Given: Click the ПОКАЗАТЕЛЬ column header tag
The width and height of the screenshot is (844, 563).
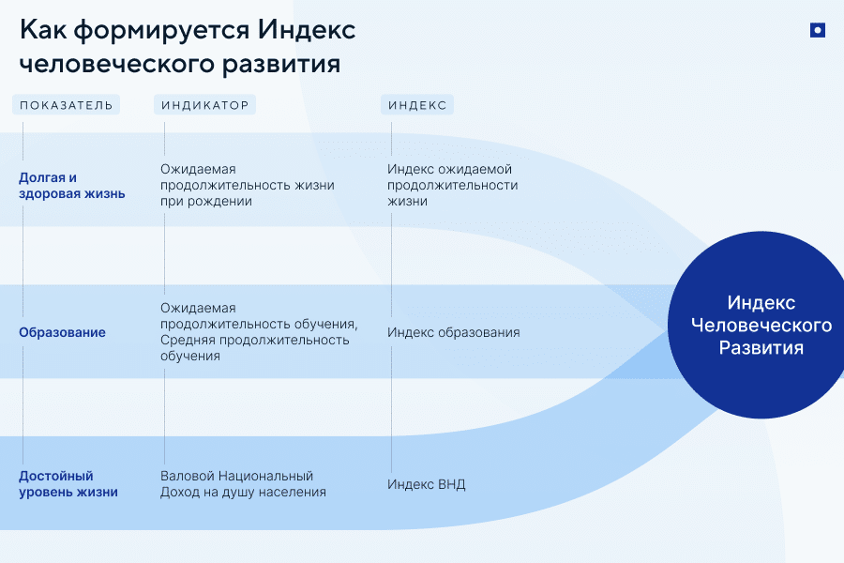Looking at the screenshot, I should coord(66,105).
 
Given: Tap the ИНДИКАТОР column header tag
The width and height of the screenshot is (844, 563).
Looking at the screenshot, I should coord(204,105).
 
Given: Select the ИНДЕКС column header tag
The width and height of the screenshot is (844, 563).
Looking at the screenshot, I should coord(417,105).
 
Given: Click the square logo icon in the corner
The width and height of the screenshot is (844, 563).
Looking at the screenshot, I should coord(817,30).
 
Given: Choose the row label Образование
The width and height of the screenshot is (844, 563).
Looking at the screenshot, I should coord(62,332).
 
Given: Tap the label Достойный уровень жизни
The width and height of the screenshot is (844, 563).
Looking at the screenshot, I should coord(68,483).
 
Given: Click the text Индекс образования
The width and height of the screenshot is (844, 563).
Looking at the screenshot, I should coord(453,332).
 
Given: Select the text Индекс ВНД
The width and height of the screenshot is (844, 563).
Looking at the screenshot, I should coord(426,484).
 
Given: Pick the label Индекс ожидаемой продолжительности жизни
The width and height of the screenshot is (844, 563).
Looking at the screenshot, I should coord(452,185).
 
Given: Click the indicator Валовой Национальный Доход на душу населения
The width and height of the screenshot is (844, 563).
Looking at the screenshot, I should coord(242,483).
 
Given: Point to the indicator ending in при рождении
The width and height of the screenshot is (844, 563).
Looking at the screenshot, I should coord(247,186).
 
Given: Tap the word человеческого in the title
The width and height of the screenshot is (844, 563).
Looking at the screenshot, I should coord(109,65).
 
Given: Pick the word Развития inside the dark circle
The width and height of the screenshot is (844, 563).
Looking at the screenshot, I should coord(761,347).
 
